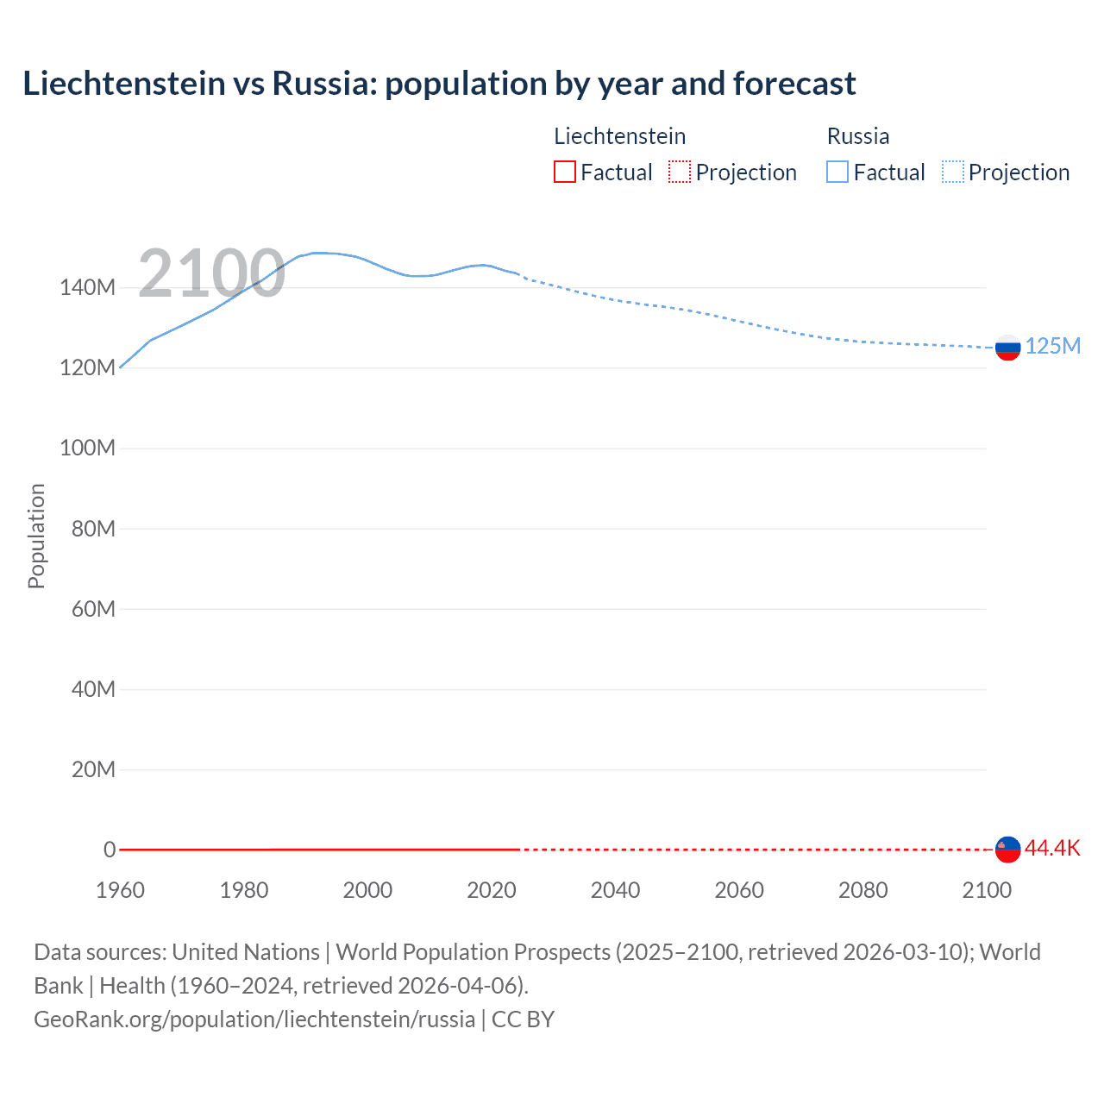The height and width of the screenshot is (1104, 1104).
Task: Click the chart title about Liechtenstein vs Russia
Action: coord(439,84)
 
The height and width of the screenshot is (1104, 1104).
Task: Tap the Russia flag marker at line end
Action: coord(1007,348)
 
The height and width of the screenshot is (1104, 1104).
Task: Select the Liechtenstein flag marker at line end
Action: coord(1007,849)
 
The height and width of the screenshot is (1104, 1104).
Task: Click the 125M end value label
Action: coord(1052,346)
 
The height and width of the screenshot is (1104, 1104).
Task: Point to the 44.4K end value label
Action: coord(1052,848)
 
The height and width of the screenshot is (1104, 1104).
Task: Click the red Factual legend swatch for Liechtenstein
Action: coord(565,172)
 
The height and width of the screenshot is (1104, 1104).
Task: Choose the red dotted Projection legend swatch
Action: coord(680,172)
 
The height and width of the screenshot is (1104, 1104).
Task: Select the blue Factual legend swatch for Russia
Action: coord(837,172)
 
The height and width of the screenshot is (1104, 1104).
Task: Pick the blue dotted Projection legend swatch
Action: coord(953,172)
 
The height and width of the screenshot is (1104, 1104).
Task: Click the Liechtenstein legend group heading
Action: coord(619,136)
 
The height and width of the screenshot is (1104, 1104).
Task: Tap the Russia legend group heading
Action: coord(857,136)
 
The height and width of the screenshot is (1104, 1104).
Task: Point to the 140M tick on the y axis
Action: coord(87,288)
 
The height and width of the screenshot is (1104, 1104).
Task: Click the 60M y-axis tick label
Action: coord(93,609)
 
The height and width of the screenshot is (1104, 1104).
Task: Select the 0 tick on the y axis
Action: coord(110,850)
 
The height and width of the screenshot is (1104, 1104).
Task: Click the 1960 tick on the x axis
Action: coord(120,890)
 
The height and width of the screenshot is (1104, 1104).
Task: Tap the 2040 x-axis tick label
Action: coord(615,890)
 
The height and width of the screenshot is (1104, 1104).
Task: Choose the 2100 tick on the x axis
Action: coord(986,890)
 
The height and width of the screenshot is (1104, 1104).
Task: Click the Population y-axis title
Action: coord(36,536)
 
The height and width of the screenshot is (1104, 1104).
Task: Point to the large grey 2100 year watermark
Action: coord(211,273)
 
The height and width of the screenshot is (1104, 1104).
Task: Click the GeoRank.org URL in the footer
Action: coord(254,1019)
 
